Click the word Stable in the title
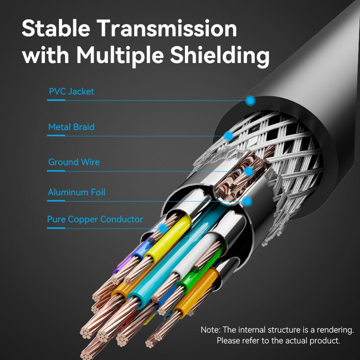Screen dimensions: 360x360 click(x=56, y=28)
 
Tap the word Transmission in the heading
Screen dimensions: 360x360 click(x=166, y=28)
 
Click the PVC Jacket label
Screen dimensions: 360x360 click(x=72, y=92)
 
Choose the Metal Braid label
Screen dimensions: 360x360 click(x=72, y=127)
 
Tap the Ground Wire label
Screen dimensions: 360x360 click(x=74, y=162)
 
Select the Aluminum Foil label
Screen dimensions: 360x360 click(x=76, y=192)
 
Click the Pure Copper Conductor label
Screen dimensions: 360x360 click(x=95, y=219)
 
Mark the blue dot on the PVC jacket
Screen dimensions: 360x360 click(x=250, y=100)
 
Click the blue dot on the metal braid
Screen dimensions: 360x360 click(x=229, y=136)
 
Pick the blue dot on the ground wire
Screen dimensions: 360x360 click(x=249, y=171)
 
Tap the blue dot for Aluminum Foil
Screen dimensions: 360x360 click(x=247, y=201)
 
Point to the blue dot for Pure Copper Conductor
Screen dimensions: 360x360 click(x=163, y=229)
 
